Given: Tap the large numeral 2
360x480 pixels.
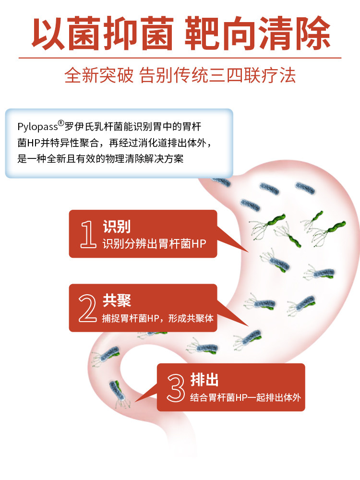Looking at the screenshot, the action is pyautogui.click(x=88, y=309).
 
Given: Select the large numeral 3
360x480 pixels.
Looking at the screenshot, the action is pyautogui.click(x=176, y=388).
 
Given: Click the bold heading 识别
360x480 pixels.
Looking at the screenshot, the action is pyautogui.click(x=117, y=227).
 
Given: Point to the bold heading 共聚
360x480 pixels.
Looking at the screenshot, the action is pyautogui.click(x=117, y=301).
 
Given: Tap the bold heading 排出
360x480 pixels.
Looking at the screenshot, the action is pyautogui.click(x=204, y=380).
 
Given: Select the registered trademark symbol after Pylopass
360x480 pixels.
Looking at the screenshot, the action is pyautogui.click(x=61, y=123).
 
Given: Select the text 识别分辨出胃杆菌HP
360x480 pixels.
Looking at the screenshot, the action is pyautogui.click(x=154, y=244).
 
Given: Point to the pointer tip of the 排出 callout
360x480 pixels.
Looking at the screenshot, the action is pyautogui.click(x=136, y=401).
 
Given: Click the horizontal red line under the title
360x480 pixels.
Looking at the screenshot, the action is pyautogui.click(x=180, y=58).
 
